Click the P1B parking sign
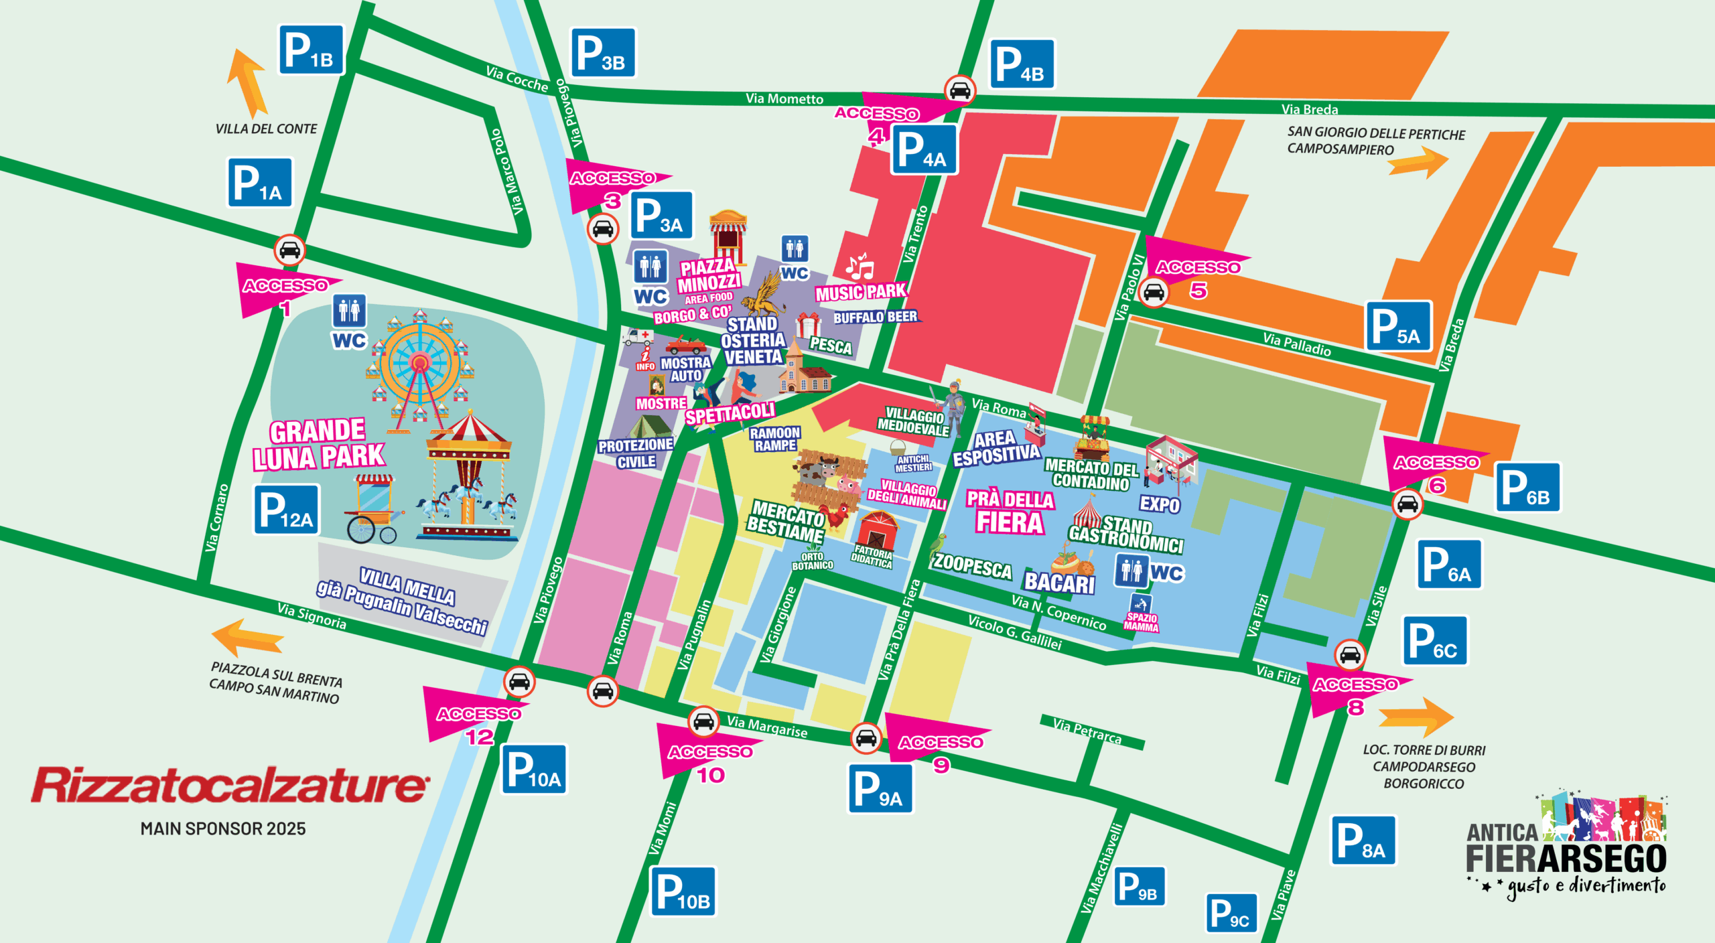[311, 50]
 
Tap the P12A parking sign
[286, 510]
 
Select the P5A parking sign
[1398, 326]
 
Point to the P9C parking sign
[1232, 913]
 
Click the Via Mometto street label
[784, 99]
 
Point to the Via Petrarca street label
[1087, 731]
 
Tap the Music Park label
[861, 292]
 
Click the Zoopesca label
[972, 567]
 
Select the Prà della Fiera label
[1010, 512]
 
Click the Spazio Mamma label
[1142, 622]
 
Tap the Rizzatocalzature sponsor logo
[228, 786]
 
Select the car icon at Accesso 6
[1407, 504]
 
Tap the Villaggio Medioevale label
[912, 422]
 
